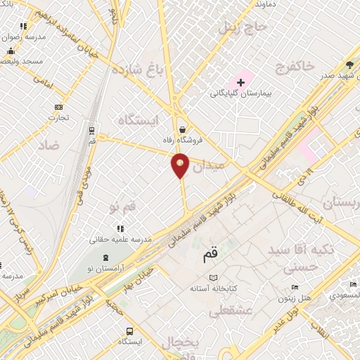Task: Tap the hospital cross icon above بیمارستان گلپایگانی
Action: [x=241, y=82]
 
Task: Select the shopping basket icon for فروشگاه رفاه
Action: [x=183, y=129]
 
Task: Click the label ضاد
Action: [x=69, y=145]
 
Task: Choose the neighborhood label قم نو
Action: [x=122, y=207]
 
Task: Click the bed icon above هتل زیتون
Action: [x=295, y=288]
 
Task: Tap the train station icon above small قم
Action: [x=91, y=130]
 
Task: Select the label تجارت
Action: [x=58, y=117]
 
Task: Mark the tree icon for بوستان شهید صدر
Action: [x=349, y=63]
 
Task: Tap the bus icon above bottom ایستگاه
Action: [x=129, y=331]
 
